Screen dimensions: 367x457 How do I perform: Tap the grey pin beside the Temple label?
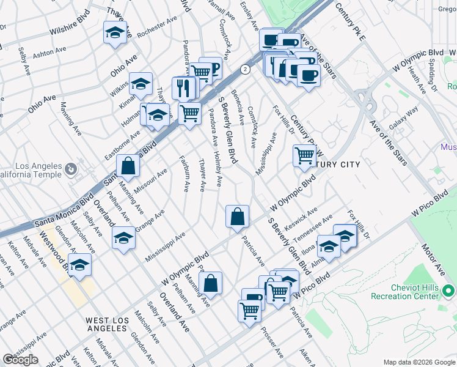pos(71,168)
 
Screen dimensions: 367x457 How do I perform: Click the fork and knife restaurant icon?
pos(183,87)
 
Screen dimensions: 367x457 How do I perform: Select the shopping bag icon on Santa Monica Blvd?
pos(128,165)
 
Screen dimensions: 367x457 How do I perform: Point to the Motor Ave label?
pos(434,257)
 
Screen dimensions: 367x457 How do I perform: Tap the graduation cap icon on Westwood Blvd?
pos(79,265)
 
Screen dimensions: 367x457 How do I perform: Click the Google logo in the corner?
pos(20,360)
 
